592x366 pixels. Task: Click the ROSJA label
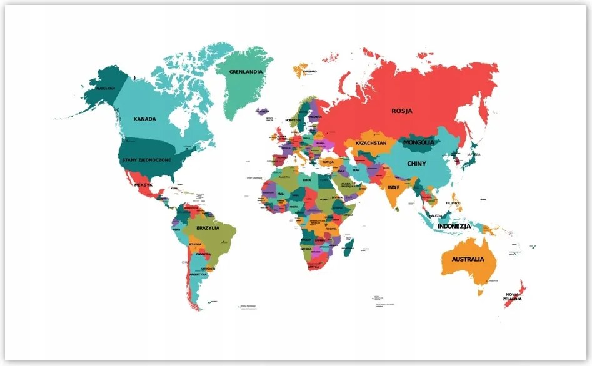402,111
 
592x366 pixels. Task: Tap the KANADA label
144,119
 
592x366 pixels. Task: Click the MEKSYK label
143,185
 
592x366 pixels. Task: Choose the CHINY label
416,164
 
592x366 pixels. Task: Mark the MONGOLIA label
418,142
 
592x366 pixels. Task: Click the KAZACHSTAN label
371,143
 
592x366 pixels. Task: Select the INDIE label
393,187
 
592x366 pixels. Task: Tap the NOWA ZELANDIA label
513,296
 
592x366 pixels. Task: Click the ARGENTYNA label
198,274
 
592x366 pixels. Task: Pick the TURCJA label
328,161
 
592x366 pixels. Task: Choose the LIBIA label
306,180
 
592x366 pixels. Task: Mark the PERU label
176,230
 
